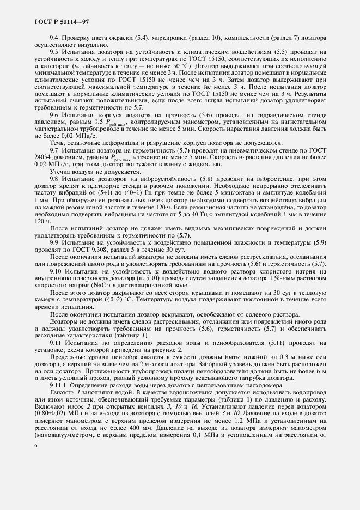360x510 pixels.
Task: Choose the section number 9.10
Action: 56,271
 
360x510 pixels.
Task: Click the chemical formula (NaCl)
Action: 107,284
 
